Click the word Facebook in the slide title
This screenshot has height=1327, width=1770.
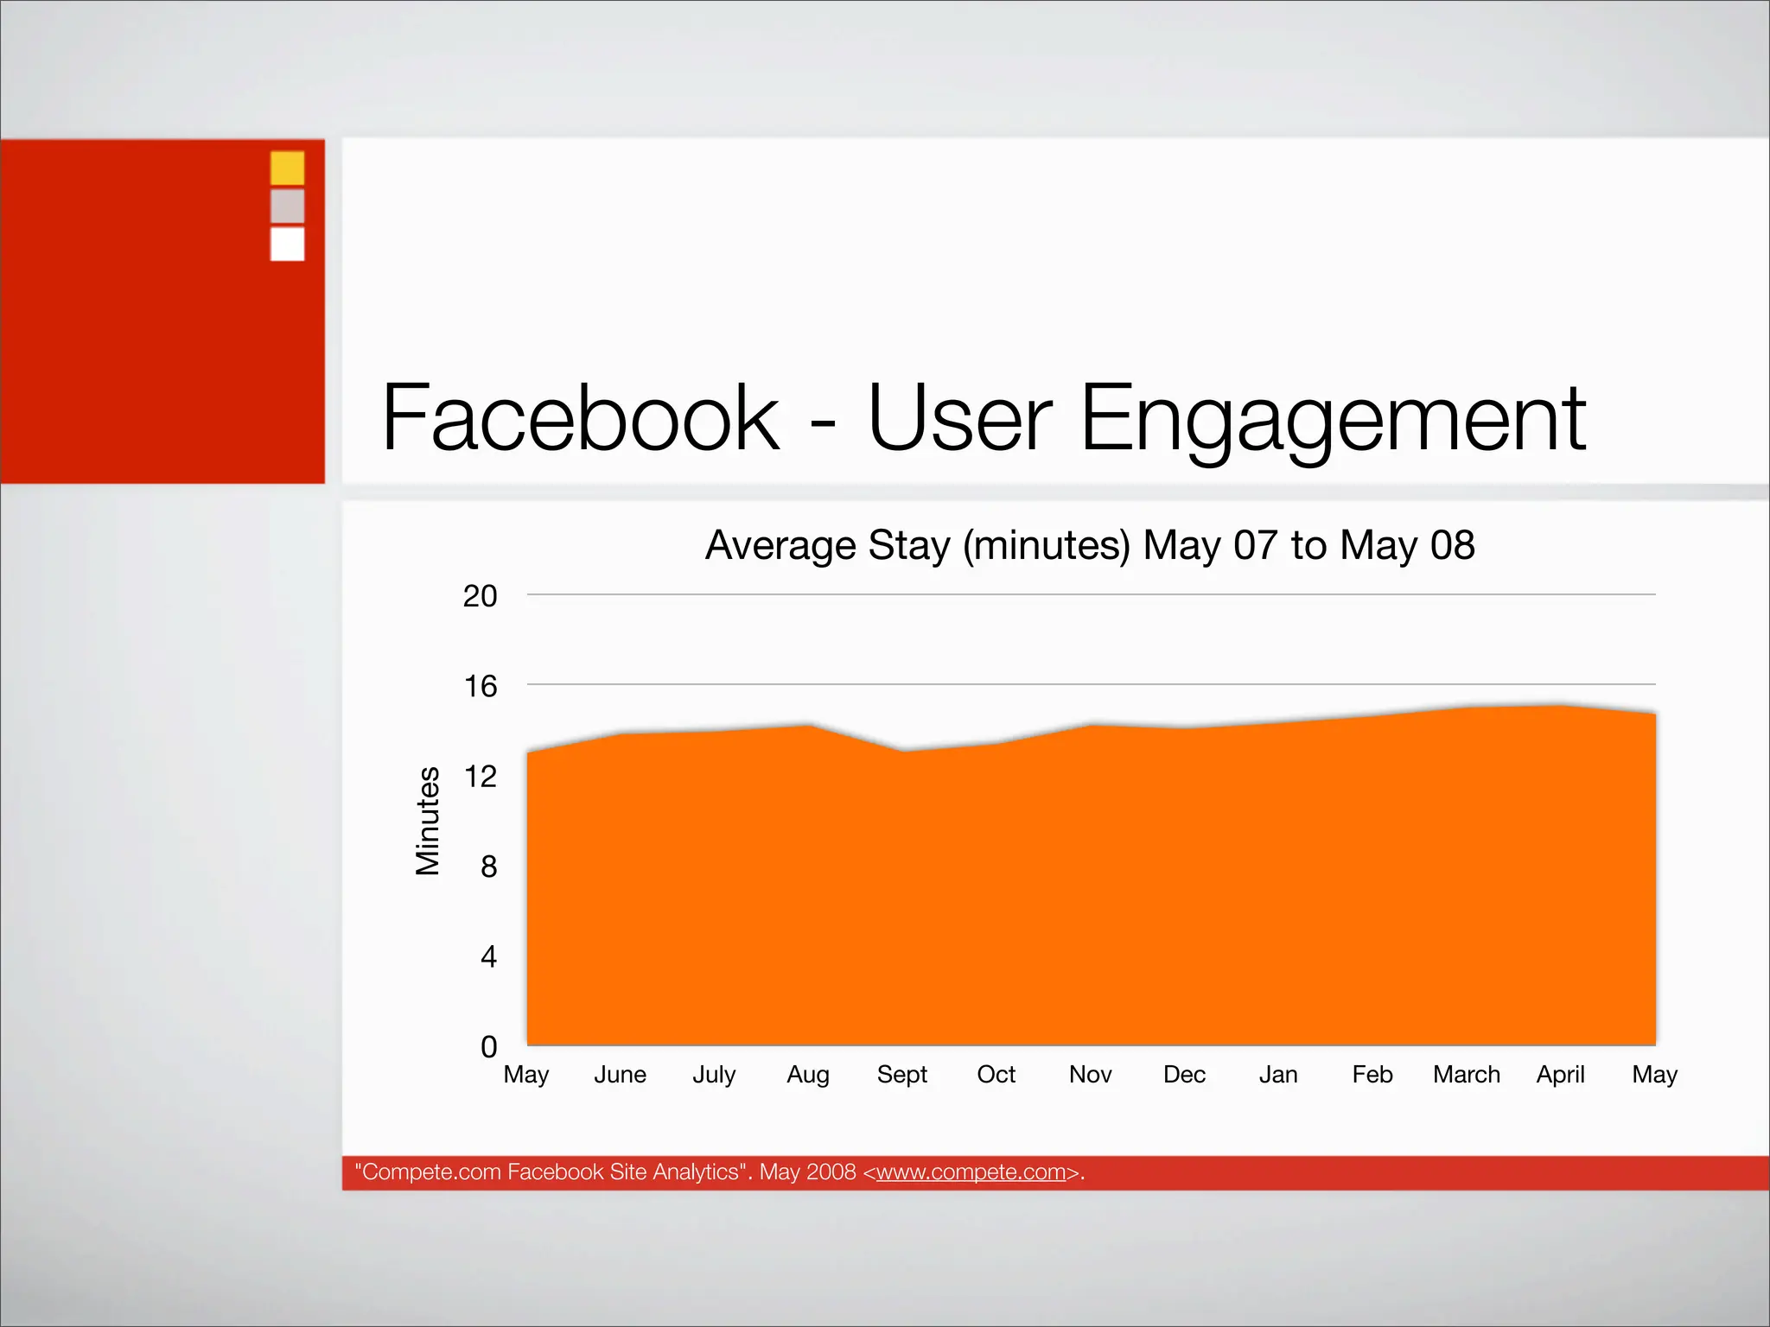581,418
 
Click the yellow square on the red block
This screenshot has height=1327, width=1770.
287,168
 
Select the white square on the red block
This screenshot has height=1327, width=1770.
287,244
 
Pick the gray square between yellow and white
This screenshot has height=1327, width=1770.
287,206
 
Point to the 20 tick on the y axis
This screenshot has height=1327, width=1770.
480,596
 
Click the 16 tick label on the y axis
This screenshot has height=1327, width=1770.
480,686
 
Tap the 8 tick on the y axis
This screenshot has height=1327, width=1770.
488,867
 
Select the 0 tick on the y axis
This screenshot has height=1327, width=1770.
488,1047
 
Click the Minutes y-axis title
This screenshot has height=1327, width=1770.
428,821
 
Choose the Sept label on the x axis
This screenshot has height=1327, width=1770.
901,1075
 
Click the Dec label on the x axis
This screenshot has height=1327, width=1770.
1184,1075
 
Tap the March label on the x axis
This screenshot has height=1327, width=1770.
1466,1075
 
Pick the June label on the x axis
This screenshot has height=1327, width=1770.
620,1075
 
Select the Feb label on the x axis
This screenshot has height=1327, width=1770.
1372,1075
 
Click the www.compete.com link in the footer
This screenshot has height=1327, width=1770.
971,1172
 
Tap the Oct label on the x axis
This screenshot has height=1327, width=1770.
996,1075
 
